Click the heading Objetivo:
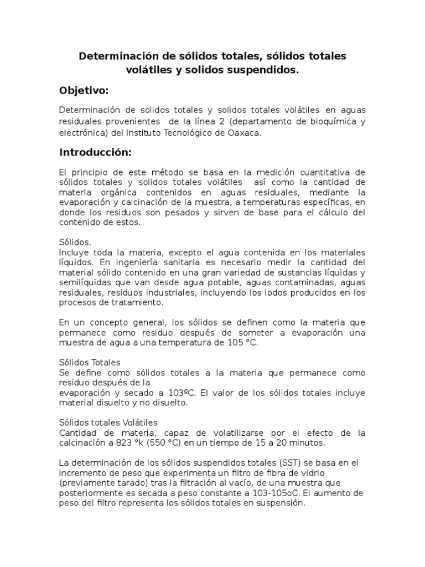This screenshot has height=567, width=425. [x=84, y=90]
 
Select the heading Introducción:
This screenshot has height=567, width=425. [x=95, y=152]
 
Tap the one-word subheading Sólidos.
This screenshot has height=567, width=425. [x=75, y=243]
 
